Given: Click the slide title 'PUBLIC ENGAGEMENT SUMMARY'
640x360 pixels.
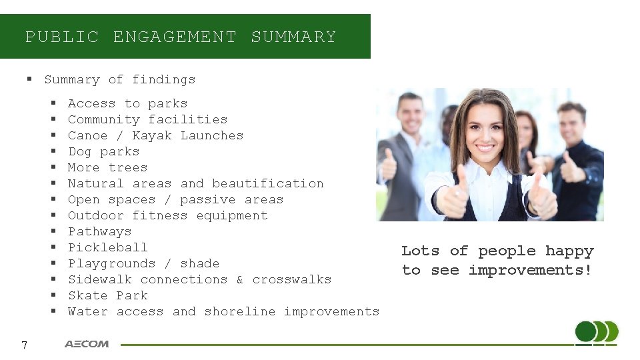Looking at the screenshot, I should tap(181, 37).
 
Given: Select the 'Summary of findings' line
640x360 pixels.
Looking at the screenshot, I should tap(119, 79).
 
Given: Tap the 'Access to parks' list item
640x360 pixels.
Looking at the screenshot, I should tap(127, 103).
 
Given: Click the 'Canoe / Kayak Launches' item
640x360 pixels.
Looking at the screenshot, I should tap(155, 135).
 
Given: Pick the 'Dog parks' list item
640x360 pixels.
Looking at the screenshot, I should tap(103, 151).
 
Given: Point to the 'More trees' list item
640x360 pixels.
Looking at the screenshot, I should tap(107, 167).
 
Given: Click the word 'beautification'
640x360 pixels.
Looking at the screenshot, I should tap(267, 183).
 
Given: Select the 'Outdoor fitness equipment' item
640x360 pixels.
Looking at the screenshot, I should tap(167, 215).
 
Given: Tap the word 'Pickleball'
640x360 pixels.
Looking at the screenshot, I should tap(107, 247).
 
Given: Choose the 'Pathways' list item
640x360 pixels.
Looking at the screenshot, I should tap(99, 231).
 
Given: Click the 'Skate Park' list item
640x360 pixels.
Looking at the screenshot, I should tap(107, 295).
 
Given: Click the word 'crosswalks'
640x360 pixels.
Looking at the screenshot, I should tap(291, 279).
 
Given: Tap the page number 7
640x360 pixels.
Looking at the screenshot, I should tap(24, 345).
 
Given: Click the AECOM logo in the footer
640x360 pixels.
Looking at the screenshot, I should tap(87, 344).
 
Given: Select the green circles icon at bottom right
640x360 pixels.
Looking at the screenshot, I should tap(596, 333).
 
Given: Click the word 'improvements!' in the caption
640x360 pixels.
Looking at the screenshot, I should tap(530, 270).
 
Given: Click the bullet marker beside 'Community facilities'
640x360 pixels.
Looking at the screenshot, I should tap(53, 120).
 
